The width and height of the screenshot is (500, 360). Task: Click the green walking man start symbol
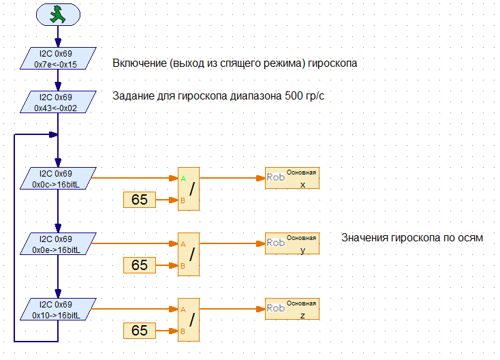tap(58, 14)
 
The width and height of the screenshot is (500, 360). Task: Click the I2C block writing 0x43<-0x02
tap(58, 102)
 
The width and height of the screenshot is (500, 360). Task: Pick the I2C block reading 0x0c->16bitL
tap(58, 179)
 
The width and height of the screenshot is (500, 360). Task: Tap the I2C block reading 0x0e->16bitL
tap(58, 244)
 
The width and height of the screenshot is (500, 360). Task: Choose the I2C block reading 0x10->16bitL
tap(58, 310)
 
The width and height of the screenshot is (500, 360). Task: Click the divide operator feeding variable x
tap(189, 189)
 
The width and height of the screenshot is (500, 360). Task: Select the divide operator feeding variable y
tap(189, 254)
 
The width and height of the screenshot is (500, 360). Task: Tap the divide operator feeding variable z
tap(189, 320)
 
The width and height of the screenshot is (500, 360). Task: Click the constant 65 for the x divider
tap(140, 200)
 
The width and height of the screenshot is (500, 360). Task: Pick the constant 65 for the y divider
tap(140, 265)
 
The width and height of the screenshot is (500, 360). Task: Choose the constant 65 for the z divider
tap(140, 331)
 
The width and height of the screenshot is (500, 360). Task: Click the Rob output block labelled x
tap(292, 179)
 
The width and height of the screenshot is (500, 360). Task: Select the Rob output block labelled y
tap(292, 244)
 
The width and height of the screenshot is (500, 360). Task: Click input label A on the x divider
tap(183, 179)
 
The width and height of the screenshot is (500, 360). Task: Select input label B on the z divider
tap(183, 332)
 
